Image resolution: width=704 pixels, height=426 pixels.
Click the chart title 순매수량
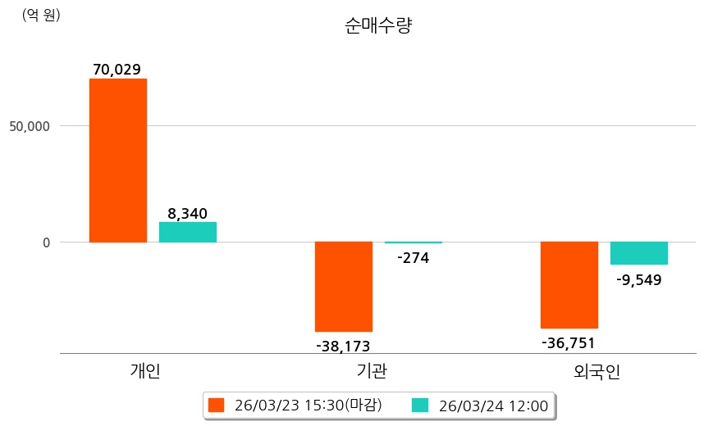378,25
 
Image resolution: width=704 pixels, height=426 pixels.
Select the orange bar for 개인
118,161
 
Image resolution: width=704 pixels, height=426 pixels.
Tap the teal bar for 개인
188,232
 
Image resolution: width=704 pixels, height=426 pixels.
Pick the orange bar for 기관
344,287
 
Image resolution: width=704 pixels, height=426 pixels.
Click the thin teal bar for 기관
414,242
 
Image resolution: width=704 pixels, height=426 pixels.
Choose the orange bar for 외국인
569,285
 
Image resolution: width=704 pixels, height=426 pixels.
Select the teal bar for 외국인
639,253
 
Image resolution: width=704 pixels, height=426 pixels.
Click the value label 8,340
187,214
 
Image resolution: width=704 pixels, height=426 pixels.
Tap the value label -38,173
343,347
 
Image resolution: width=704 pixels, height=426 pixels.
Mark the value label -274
413,258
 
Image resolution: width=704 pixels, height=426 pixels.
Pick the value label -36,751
568,342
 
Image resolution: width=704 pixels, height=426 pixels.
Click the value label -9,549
638,279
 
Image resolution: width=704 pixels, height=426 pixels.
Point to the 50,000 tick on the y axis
30,126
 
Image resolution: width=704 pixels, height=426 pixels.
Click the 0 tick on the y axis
47,242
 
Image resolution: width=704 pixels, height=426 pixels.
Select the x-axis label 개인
145,371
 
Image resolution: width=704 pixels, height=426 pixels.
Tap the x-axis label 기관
372,371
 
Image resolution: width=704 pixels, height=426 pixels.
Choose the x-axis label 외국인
597,371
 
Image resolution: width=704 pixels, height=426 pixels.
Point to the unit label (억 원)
41,15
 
